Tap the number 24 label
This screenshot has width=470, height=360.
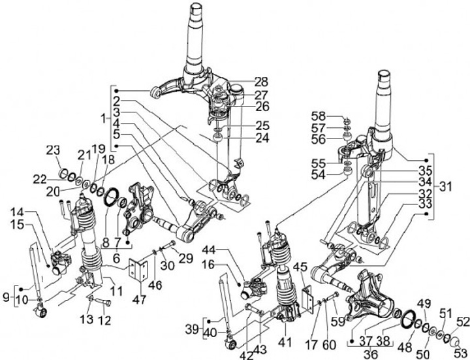pyautogui.click(x=244, y=138)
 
